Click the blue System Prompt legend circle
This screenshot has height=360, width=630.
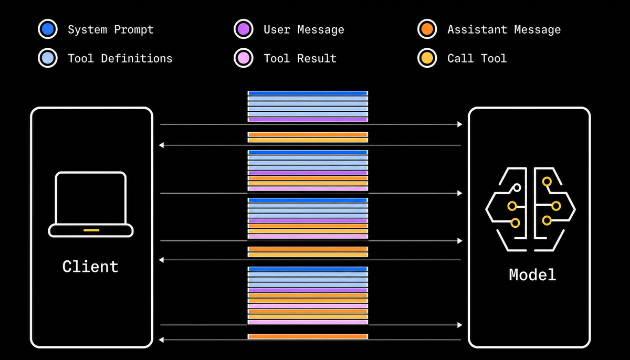click(x=48, y=29)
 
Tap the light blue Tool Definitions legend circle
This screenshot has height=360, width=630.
click(x=48, y=58)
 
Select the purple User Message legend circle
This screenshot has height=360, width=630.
click(x=243, y=29)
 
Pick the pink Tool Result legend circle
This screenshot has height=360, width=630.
click(x=243, y=58)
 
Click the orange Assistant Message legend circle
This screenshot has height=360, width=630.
click(x=427, y=29)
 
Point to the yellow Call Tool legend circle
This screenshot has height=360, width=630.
click(x=427, y=58)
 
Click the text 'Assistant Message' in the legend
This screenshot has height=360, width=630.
click(x=504, y=30)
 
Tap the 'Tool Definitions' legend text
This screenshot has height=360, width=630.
click(x=120, y=58)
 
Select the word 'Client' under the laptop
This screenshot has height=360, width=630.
click(x=90, y=267)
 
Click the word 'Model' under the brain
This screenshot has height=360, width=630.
click(x=532, y=274)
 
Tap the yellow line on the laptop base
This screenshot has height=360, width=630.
click(x=91, y=230)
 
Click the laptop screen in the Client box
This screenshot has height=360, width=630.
click(x=91, y=198)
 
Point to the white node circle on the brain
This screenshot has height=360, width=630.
click(x=517, y=187)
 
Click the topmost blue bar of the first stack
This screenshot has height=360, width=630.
click(x=308, y=93)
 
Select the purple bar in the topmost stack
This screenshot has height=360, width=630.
click(x=308, y=120)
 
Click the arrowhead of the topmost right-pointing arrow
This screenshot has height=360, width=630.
click(x=460, y=124)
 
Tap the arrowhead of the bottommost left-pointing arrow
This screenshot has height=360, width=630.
click(x=161, y=340)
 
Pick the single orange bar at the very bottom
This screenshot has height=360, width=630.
click(x=308, y=336)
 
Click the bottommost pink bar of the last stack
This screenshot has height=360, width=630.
click(x=308, y=322)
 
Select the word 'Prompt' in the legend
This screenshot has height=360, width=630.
click(x=134, y=30)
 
